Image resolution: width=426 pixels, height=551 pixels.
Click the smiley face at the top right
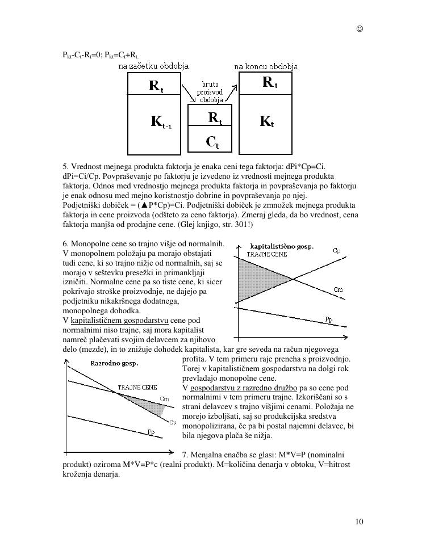click(x=360, y=29)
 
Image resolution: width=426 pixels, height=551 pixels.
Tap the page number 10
click(x=359, y=521)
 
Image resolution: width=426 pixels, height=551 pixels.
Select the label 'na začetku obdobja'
click(x=153, y=66)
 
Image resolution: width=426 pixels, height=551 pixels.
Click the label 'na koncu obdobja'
click(x=265, y=66)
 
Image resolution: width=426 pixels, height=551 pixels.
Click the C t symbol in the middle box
click(x=211, y=142)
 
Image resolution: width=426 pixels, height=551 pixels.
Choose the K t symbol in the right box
click(x=266, y=121)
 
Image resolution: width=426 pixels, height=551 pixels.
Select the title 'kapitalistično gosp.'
click(x=282, y=246)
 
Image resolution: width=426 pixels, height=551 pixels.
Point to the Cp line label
click(x=337, y=250)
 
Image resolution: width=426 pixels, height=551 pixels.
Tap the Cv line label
click(x=172, y=422)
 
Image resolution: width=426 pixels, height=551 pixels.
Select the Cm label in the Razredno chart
click(x=165, y=399)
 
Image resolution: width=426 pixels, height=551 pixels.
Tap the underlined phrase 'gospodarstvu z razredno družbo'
click(x=244, y=388)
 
